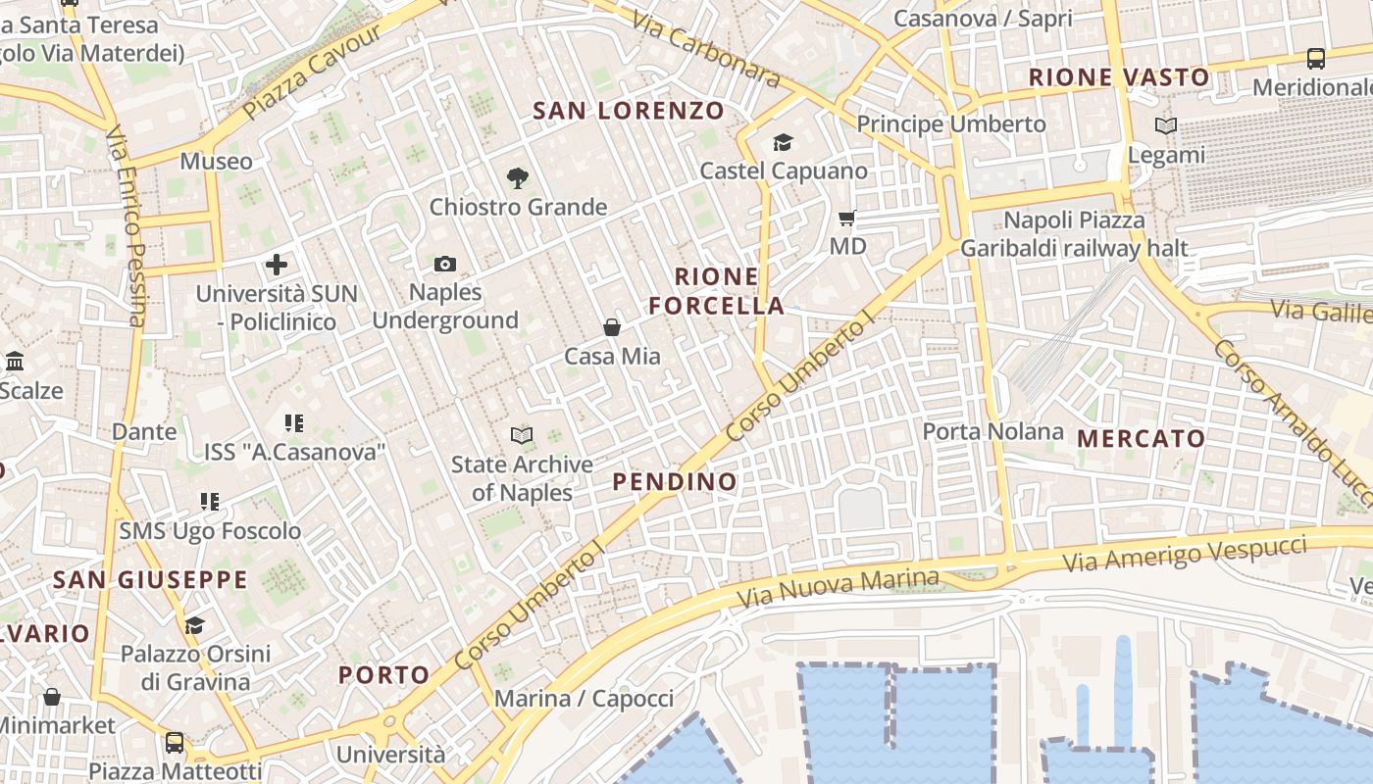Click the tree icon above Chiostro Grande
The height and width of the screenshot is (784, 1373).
(518, 178)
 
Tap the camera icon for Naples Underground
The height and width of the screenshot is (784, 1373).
(445, 264)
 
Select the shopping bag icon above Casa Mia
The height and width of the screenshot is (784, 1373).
(612, 327)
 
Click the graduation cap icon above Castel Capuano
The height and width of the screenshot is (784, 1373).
(783, 143)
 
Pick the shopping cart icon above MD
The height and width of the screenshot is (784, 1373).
(847, 218)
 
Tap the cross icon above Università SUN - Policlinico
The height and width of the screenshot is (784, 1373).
(277, 265)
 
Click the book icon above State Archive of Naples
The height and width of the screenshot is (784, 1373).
(522, 435)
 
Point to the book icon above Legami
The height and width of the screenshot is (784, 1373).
(1166, 126)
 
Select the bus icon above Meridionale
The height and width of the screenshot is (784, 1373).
(1316, 59)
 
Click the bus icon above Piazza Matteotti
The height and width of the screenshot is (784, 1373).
(175, 742)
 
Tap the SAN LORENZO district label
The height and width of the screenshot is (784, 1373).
(628, 111)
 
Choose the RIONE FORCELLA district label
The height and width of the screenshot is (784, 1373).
(717, 291)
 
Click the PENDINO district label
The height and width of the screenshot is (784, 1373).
(675, 481)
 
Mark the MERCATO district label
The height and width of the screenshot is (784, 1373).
(1142, 438)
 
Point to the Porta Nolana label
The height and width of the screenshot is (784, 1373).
(992, 431)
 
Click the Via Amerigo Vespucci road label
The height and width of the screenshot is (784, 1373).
(1185, 554)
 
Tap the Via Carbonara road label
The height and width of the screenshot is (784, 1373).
(705, 49)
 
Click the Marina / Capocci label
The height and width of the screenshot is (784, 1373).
(584, 699)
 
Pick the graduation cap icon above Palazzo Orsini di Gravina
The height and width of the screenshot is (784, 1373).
(195, 625)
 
